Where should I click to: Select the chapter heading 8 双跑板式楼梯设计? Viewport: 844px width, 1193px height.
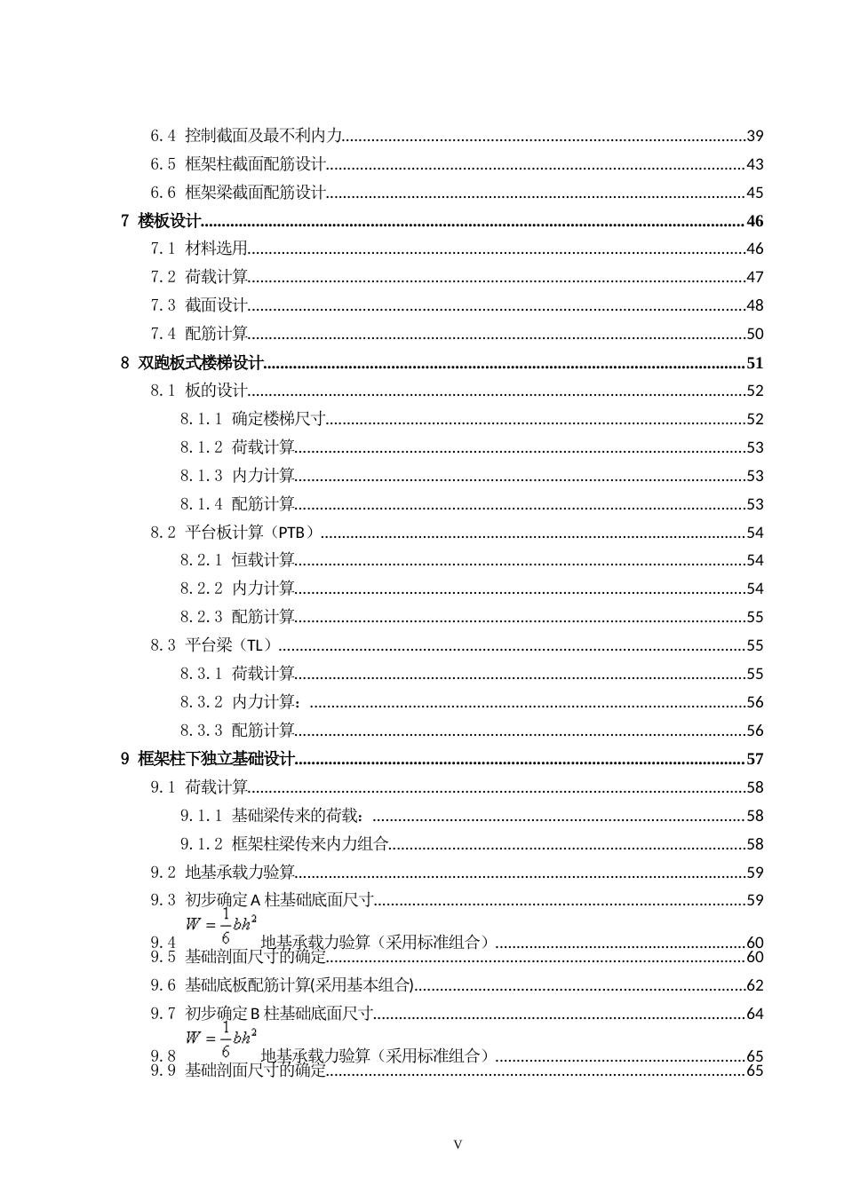coord(193,362)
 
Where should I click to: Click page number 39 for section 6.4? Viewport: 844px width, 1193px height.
coord(754,136)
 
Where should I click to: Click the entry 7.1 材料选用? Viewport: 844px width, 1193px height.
coord(199,249)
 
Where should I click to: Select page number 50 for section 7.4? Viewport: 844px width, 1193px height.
coord(754,334)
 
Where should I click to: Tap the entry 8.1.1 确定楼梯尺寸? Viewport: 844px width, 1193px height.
coord(253,419)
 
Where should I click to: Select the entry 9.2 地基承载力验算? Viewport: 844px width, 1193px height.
coord(222,873)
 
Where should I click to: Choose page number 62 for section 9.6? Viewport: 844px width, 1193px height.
coord(754,985)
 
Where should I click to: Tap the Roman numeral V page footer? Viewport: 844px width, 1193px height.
coord(458,1144)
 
